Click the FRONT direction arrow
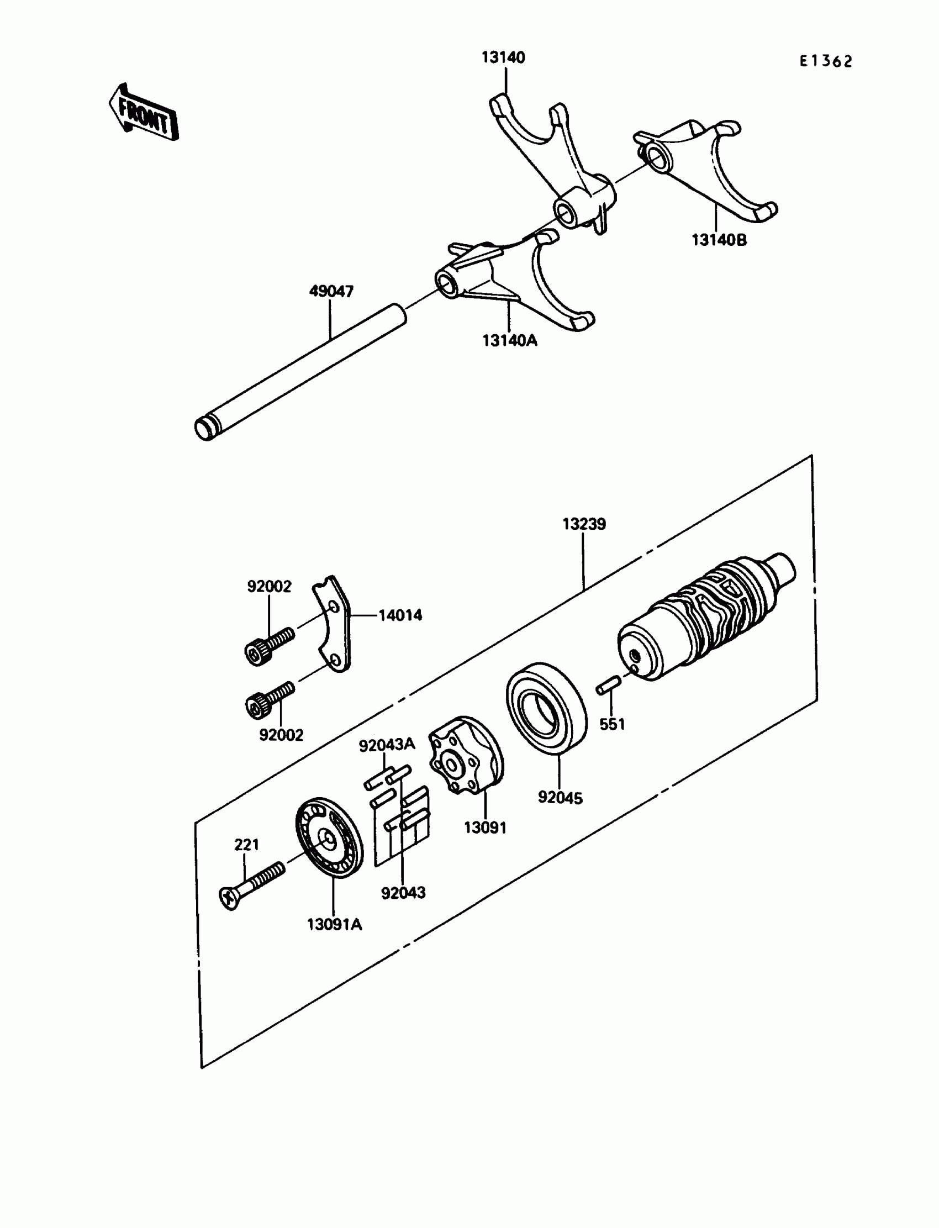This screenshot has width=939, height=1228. tap(144, 113)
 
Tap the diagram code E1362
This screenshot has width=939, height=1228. tap(826, 61)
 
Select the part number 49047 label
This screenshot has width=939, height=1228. tap(331, 291)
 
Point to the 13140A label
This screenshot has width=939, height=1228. tap(510, 340)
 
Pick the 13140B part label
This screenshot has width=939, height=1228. tap(719, 240)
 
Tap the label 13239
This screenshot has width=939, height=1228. tap(584, 524)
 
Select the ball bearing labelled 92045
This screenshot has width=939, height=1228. tap(546, 708)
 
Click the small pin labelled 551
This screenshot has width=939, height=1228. tap(606, 687)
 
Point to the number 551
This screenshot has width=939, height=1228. tap(612, 724)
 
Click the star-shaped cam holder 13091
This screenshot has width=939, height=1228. tap(465, 755)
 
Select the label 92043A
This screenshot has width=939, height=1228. tap(387, 745)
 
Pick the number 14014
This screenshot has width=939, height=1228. tap(400, 615)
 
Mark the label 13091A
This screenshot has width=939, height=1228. tap(334, 925)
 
